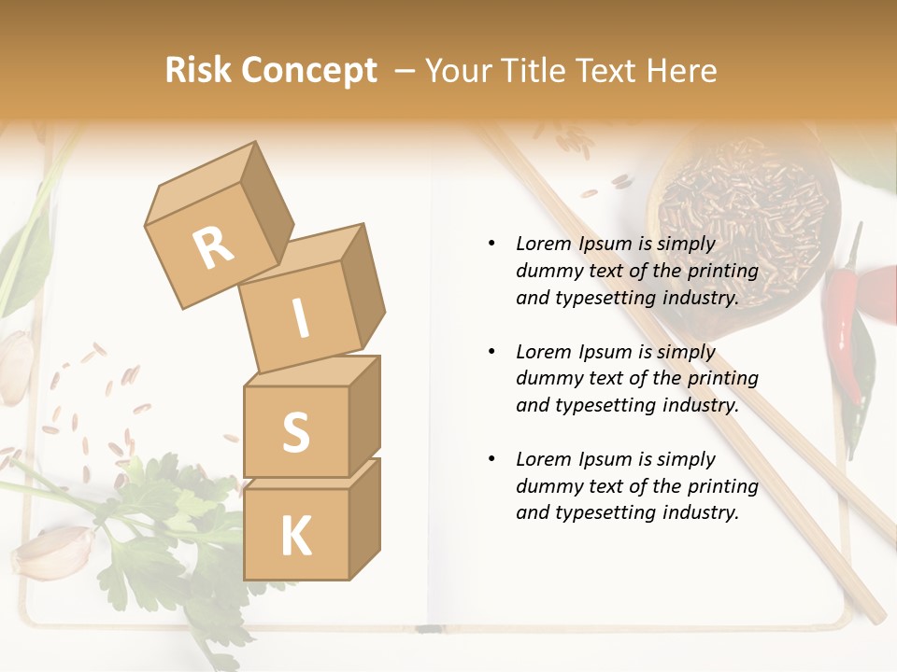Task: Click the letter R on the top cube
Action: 213,247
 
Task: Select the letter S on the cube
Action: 295,432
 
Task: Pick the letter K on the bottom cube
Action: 295,536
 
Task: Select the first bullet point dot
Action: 491,245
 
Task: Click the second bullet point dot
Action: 491,352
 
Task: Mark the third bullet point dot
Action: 491,459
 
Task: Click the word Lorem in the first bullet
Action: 543,245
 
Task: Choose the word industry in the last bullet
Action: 694,512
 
